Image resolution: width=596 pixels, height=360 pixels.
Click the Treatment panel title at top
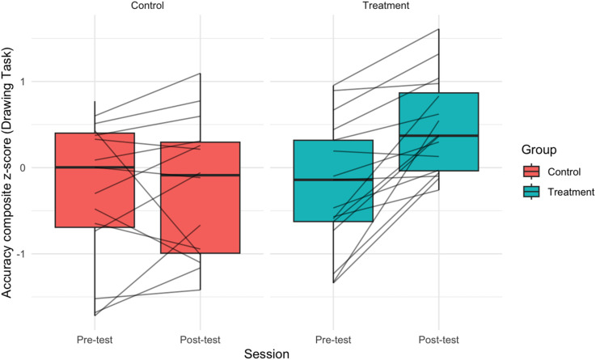pos(386,6)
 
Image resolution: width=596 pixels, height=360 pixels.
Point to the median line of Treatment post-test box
pos(438,136)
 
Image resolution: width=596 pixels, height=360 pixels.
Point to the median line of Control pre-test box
pos(95,167)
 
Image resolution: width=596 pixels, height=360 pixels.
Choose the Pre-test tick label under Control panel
pos(95,339)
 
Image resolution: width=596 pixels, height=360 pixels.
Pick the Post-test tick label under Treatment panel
pos(438,339)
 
